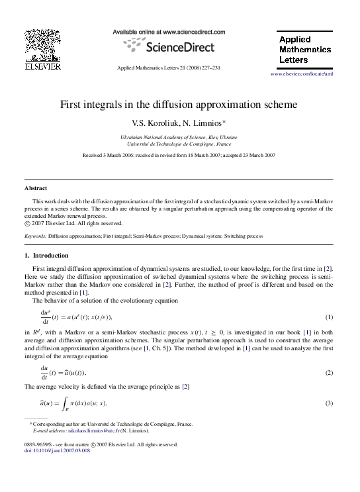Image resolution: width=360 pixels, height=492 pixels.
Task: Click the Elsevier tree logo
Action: click(42, 45)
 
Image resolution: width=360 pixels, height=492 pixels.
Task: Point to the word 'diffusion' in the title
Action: click(179, 105)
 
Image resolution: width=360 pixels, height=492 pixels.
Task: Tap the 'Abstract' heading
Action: click(35, 188)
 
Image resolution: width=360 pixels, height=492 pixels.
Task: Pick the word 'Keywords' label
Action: click(35, 236)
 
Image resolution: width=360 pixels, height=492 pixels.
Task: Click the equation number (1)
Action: click(328, 317)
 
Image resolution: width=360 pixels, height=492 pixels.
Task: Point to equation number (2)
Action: click(328, 373)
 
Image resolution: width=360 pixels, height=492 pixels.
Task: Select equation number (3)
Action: click(328, 403)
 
